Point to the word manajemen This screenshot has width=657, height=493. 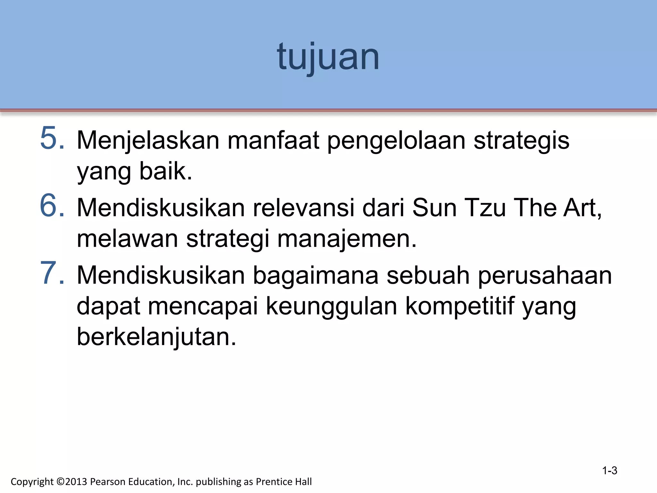tap(346, 239)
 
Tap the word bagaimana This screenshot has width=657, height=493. tap(316, 275)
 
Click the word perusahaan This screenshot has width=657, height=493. tap(545, 275)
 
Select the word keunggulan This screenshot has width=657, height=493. tap(332, 306)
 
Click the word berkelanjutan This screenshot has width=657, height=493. tap(156, 337)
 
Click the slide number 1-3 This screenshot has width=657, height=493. tap(610, 471)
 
